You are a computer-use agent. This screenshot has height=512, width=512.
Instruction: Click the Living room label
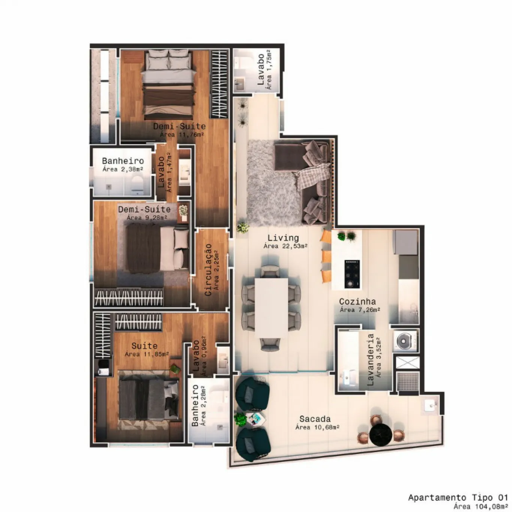[283, 238]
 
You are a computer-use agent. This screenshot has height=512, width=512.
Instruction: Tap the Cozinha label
[357, 302]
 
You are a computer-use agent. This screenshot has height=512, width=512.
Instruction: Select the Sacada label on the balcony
[315, 419]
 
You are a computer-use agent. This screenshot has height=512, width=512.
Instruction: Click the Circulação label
[208, 270]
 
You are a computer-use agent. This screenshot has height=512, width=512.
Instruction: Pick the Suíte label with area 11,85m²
[144, 346]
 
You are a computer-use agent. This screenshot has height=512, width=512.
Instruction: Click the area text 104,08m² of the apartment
[481, 507]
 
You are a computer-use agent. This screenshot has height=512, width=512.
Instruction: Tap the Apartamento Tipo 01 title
[458, 498]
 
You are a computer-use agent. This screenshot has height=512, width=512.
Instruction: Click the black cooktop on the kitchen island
[352, 274]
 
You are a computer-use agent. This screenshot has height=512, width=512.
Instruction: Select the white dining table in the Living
[272, 308]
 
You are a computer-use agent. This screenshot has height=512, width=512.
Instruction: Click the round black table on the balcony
[381, 434]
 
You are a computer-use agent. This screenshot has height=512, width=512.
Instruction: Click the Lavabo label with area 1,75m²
[261, 69]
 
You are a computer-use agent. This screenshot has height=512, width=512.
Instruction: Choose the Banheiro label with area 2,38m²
[123, 161]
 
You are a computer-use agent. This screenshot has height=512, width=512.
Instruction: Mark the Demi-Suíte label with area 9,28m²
[144, 209]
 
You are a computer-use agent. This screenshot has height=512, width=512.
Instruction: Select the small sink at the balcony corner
[430, 405]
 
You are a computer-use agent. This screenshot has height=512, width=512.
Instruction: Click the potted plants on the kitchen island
[346, 236]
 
